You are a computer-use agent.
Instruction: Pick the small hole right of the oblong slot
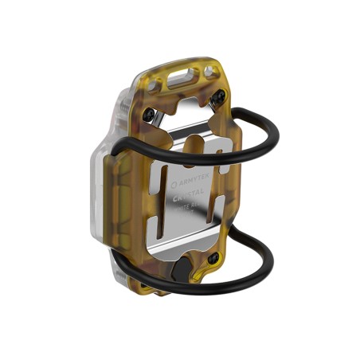[x=209, y=72]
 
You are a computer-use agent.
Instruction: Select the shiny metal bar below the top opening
[x=191, y=127]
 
